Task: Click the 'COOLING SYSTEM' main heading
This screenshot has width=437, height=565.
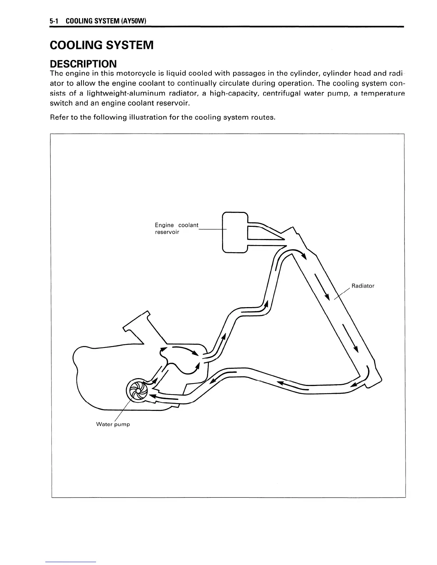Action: [x=102, y=45]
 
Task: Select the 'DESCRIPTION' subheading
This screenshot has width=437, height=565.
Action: [x=83, y=64]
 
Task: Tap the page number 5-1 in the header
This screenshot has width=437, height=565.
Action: [x=54, y=22]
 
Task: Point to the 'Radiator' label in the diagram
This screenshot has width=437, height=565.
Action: [x=363, y=286]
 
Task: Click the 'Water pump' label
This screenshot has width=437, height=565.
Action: [x=113, y=424]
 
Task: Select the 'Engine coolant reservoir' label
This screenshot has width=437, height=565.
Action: [x=176, y=229]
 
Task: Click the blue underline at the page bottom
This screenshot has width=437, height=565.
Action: [x=71, y=562]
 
